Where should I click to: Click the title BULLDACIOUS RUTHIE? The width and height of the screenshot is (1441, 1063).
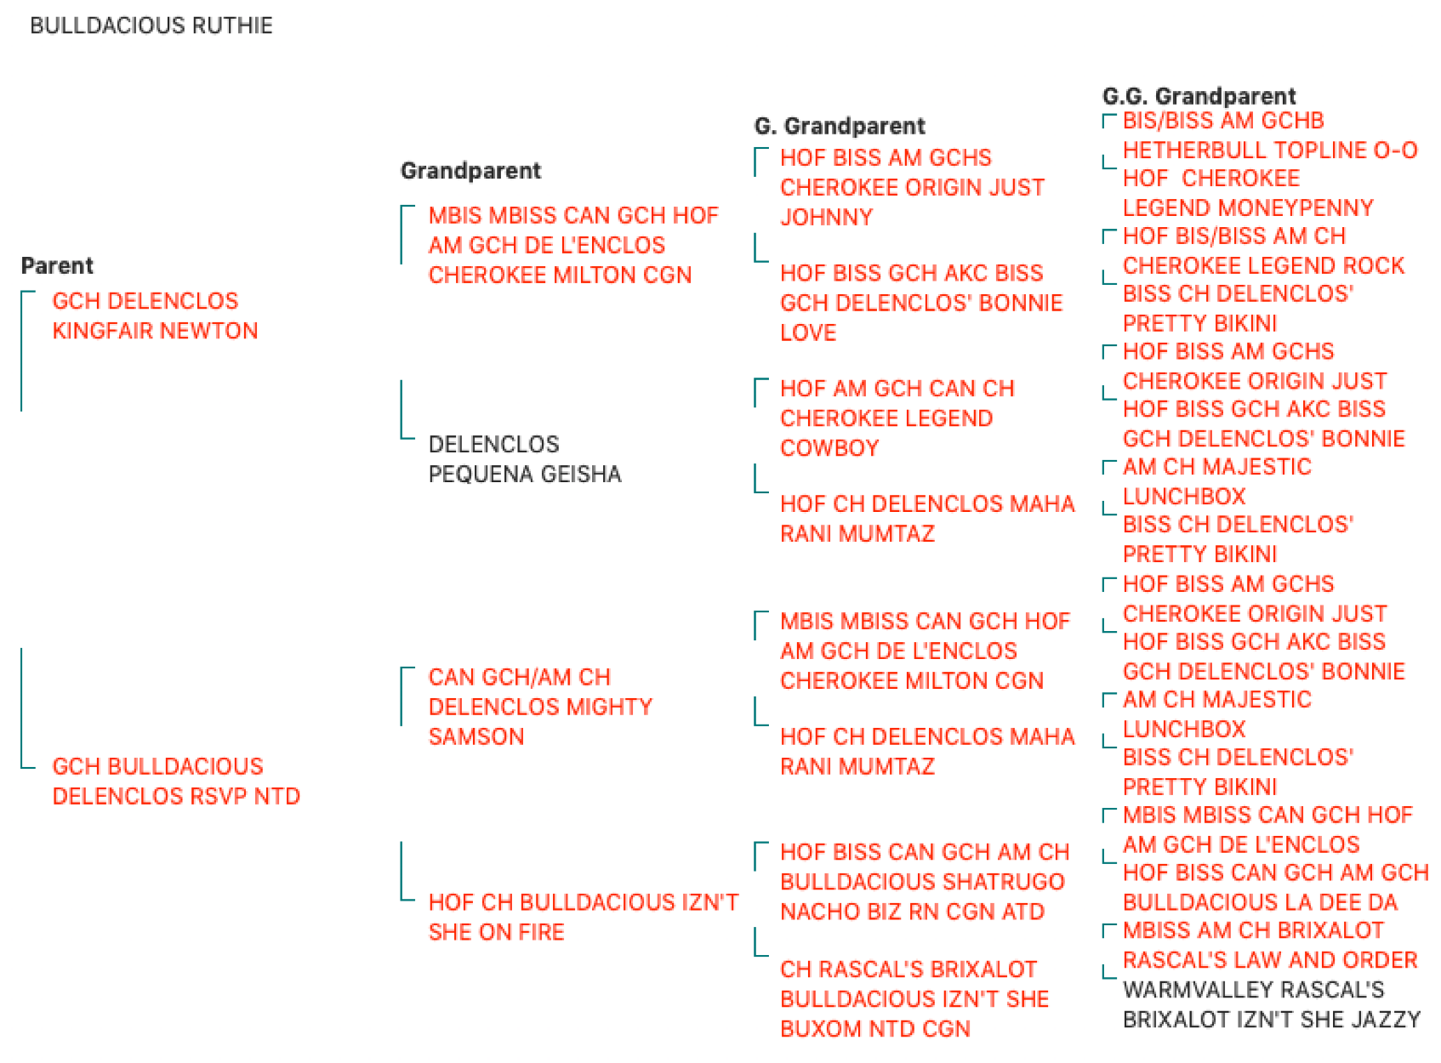point(151,26)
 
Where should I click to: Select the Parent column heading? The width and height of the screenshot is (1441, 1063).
point(57,265)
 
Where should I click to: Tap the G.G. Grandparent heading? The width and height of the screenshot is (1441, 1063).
point(1198,96)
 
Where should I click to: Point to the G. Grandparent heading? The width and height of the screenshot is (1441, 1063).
point(839,126)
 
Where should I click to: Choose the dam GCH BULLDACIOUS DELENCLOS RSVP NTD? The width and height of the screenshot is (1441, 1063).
point(176,781)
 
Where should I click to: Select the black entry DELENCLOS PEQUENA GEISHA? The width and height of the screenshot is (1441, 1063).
point(524,458)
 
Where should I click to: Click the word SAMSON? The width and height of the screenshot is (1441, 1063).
point(476,736)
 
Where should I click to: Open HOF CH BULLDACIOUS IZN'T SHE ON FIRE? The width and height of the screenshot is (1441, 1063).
point(584,917)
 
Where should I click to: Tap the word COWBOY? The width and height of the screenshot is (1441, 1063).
point(829,447)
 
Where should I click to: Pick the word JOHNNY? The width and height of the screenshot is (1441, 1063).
point(826,217)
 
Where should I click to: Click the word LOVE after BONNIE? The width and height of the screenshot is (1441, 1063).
point(807,333)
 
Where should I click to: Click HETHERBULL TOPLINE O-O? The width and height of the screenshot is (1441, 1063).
point(1269,150)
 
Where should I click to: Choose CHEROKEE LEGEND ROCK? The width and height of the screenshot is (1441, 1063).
point(1263,265)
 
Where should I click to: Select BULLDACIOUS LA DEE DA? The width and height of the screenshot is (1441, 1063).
point(1260,902)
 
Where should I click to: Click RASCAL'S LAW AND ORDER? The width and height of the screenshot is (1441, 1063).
point(1269,960)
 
